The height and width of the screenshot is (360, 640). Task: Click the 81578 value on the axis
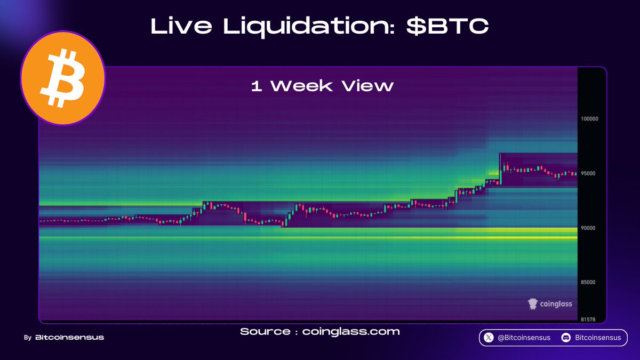point(588,319)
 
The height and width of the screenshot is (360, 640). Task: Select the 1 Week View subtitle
point(322,86)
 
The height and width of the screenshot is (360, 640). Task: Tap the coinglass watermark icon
point(532,304)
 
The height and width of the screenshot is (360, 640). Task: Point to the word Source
point(265,332)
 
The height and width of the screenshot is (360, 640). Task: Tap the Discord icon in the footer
point(566,338)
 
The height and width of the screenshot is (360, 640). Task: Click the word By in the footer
point(27,338)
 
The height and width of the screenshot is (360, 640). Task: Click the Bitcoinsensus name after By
point(69,338)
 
